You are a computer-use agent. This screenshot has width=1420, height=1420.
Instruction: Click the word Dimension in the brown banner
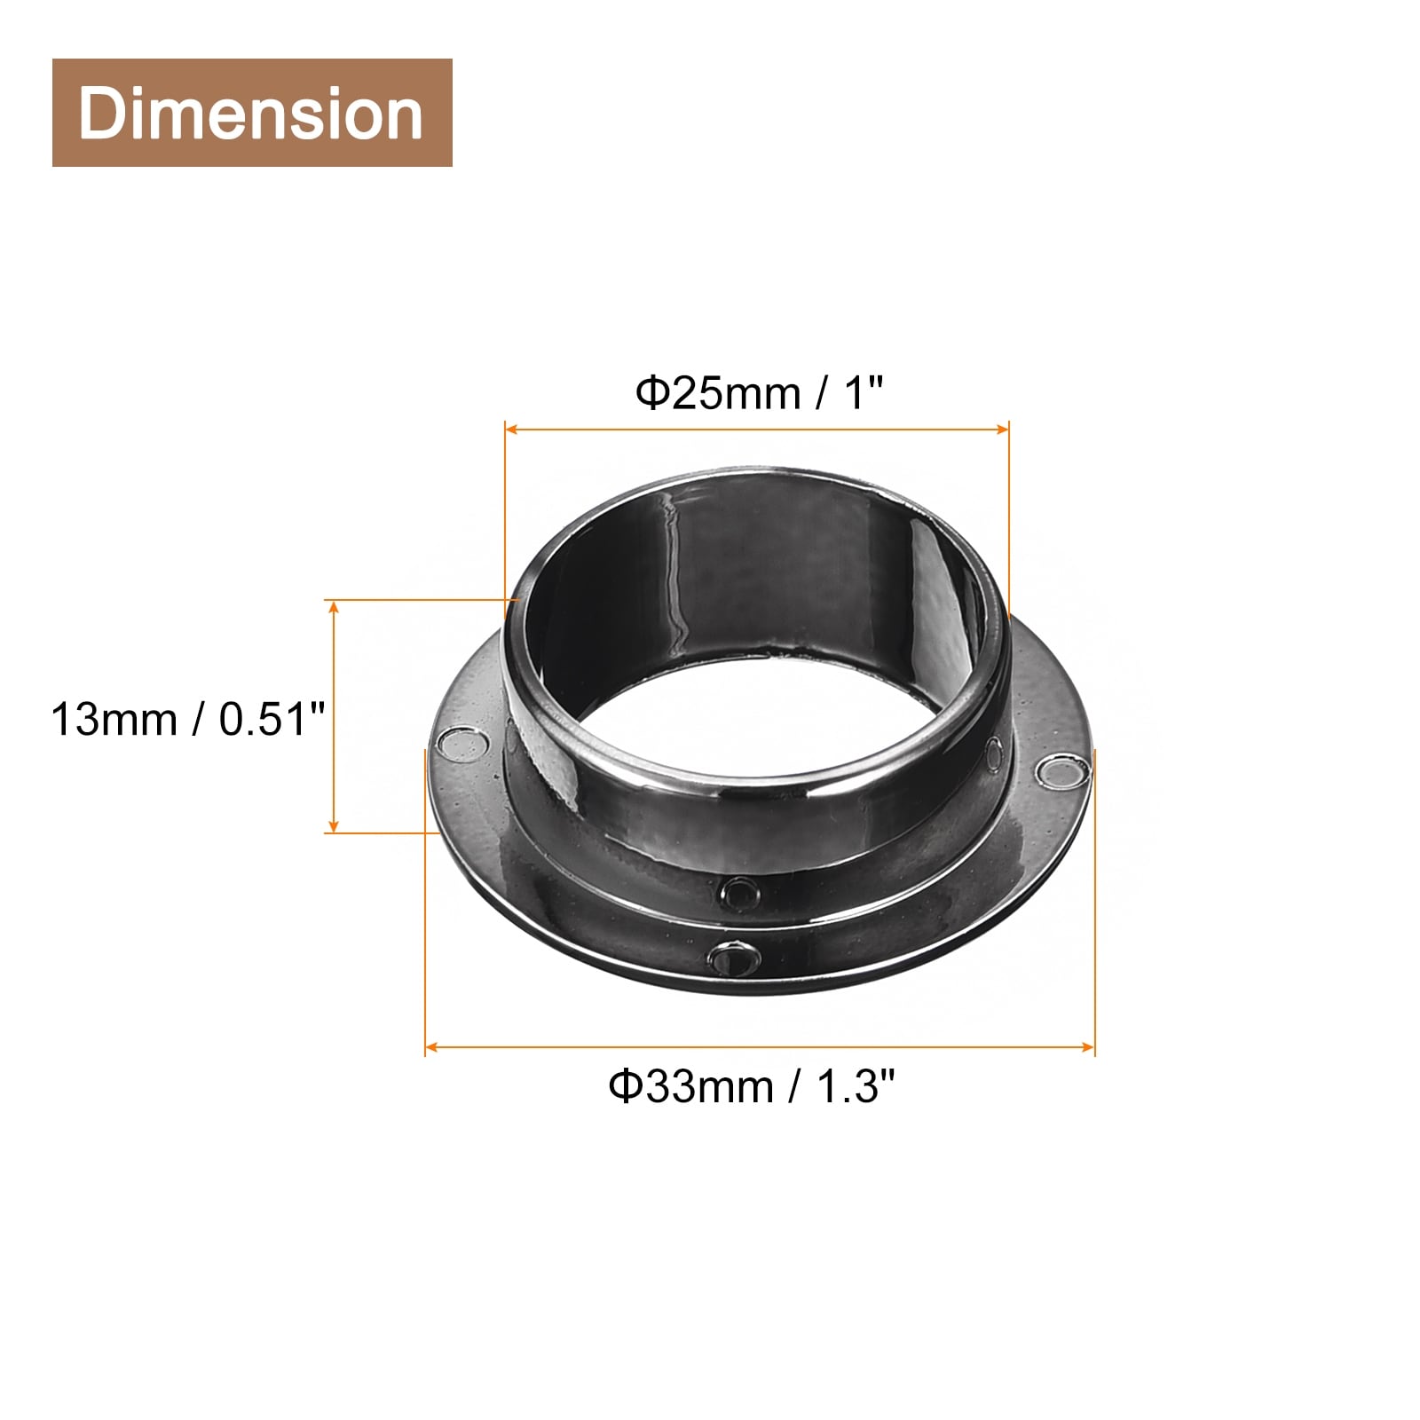[250, 114]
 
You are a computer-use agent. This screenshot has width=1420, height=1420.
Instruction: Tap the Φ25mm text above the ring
[718, 392]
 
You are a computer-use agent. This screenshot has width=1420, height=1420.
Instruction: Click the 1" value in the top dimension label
[863, 391]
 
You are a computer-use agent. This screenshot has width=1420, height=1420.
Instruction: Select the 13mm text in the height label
[114, 719]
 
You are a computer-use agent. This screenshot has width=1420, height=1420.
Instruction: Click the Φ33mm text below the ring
[690, 1086]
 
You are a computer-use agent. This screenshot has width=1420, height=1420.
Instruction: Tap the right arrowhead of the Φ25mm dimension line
[1003, 430]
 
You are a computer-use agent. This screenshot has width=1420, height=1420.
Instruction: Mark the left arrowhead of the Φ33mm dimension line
[432, 1048]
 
